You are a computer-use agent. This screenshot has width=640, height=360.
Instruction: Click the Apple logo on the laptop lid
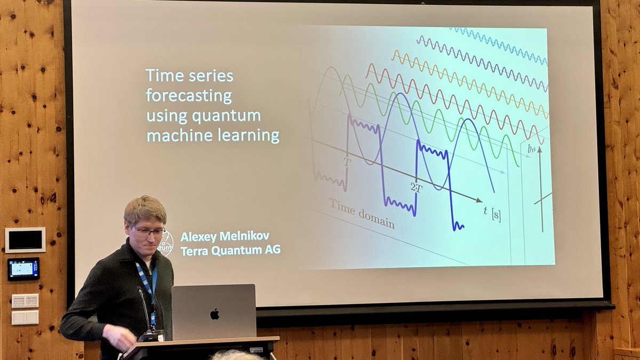click(x=214, y=314)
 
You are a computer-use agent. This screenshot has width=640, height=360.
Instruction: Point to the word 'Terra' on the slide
click(x=195, y=250)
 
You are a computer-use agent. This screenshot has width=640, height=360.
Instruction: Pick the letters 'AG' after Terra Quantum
click(x=272, y=250)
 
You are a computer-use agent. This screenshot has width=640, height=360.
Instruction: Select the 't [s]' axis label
click(x=492, y=212)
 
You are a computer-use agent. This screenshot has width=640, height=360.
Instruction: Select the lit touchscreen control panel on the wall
click(x=23, y=269)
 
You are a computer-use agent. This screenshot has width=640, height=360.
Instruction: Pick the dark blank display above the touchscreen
click(x=25, y=240)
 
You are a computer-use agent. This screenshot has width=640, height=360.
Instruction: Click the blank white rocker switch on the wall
click(x=25, y=317)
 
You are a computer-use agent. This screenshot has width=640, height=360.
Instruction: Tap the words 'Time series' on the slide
click(x=189, y=76)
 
